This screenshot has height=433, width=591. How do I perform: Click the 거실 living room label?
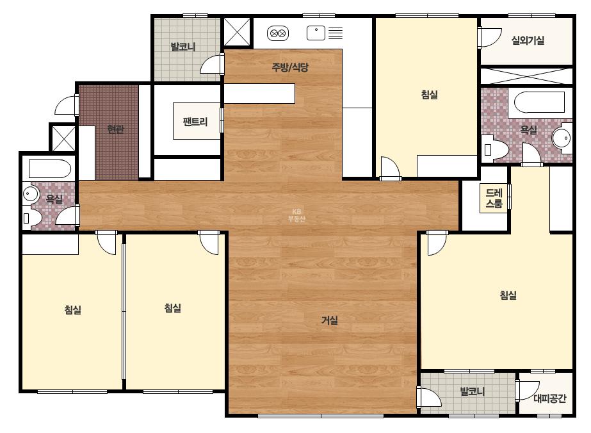[x=329, y=320]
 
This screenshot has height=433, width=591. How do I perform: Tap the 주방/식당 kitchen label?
[x=290, y=67]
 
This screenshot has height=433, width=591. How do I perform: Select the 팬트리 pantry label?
[x=195, y=122]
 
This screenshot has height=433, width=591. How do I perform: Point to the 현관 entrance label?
[x=115, y=129]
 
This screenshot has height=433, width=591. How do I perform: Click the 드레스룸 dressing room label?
[x=494, y=199]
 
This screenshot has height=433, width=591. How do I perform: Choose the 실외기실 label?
[x=528, y=40]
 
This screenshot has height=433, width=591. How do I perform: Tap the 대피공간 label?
[x=550, y=398]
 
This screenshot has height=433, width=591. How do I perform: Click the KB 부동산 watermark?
[x=296, y=215]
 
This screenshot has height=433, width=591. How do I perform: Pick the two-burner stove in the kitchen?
[x=278, y=33]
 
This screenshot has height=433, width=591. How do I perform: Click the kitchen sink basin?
[x=316, y=33]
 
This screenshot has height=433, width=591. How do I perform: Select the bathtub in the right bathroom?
[x=539, y=102]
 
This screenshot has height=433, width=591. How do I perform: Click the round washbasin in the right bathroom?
[x=562, y=138]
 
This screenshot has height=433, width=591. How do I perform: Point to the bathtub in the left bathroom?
[x=50, y=168]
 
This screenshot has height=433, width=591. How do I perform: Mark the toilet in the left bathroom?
[x=32, y=218]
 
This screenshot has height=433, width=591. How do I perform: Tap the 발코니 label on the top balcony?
[x=183, y=47]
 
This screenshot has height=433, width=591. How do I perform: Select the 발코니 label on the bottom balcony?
[x=473, y=391]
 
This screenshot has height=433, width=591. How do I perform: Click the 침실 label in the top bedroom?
[x=429, y=94]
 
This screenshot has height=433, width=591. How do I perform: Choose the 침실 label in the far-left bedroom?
[x=73, y=309]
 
